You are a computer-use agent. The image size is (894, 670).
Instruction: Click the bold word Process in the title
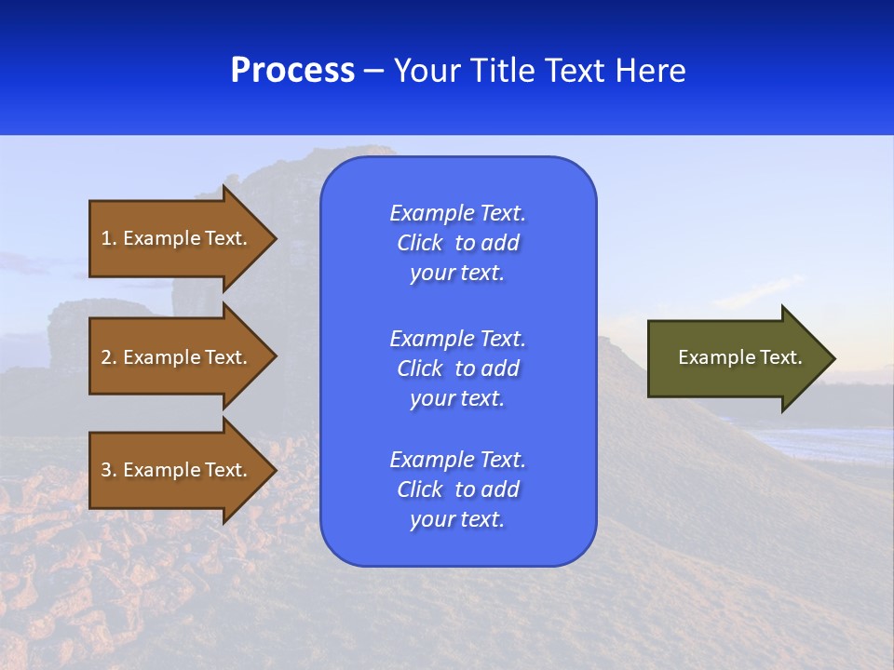click(292, 71)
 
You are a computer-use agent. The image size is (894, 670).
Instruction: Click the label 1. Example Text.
click(174, 238)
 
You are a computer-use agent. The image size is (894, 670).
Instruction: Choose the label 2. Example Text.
click(174, 357)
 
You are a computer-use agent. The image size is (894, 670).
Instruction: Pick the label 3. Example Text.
click(174, 470)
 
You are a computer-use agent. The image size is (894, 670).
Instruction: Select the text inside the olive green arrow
click(739, 357)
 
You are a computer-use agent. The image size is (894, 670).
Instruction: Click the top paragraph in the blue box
click(457, 243)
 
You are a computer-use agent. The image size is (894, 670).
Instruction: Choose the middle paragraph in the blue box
click(457, 368)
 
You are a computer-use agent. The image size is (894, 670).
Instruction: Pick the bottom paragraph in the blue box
click(457, 489)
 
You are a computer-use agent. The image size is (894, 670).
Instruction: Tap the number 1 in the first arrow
click(106, 238)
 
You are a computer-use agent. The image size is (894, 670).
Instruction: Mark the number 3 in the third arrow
click(106, 470)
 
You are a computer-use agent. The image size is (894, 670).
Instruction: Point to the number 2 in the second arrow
click(106, 357)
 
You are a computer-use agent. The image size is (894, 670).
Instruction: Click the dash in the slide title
click(373, 72)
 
